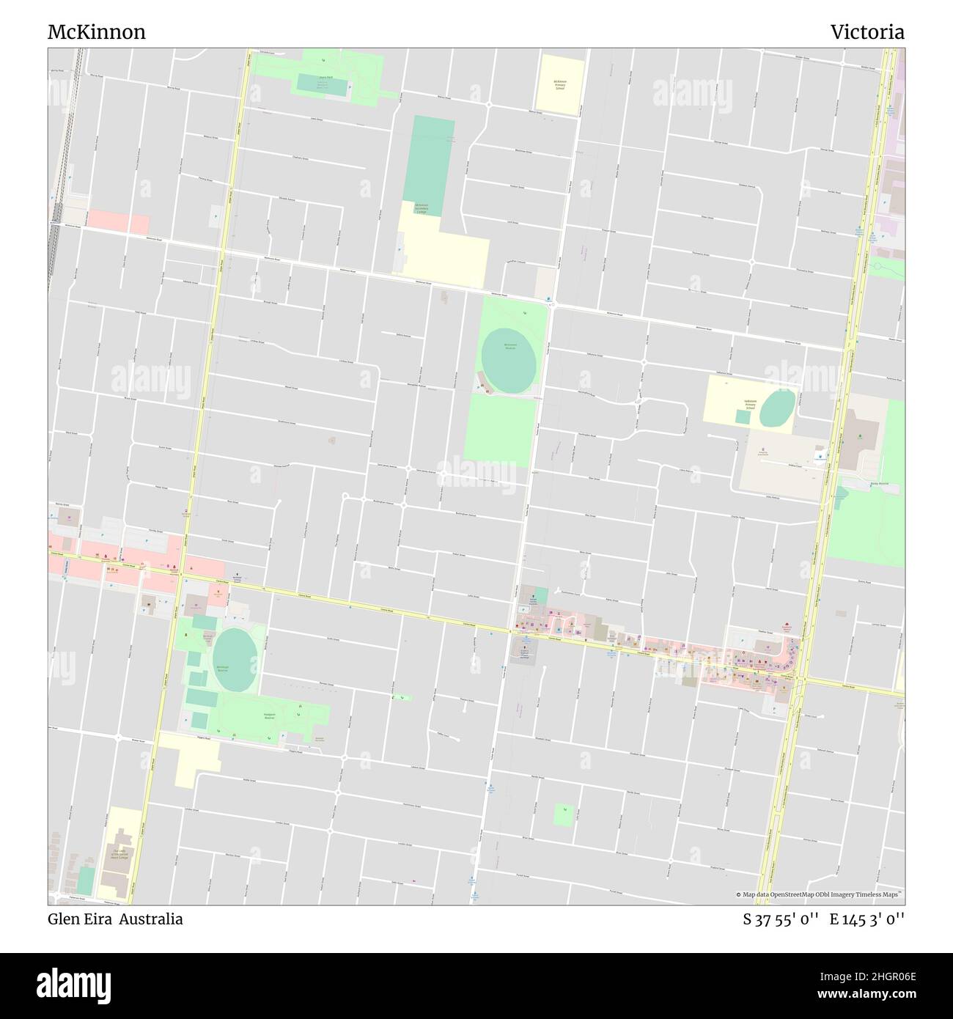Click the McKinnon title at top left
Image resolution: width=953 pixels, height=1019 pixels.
click(96, 32)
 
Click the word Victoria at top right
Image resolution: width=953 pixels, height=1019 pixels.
click(867, 32)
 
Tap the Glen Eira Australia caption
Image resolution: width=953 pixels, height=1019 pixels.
click(115, 919)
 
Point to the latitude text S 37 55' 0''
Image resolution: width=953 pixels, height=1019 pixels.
click(781, 919)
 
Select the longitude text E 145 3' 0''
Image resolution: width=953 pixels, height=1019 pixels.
click(867, 919)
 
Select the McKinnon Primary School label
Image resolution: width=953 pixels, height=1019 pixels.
click(561, 84)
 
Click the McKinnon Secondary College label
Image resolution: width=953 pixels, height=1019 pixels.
click(422, 208)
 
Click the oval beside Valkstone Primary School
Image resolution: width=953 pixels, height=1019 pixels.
click(777, 408)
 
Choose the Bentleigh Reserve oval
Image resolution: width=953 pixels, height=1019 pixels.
click(234, 650)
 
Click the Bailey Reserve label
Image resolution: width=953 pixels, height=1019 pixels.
click(878, 485)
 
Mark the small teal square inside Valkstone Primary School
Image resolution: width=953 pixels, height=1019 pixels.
click(743, 416)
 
